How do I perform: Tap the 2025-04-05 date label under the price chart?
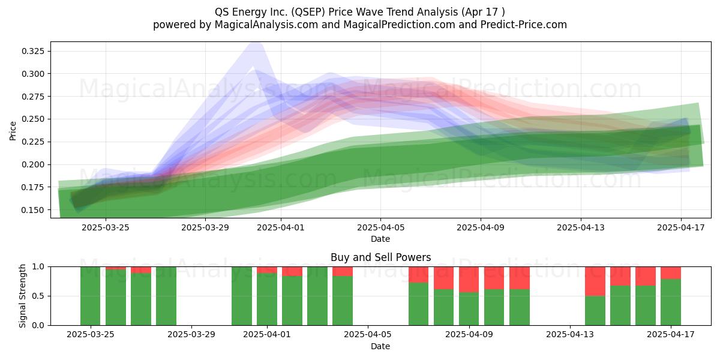380,227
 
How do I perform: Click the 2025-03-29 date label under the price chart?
205,227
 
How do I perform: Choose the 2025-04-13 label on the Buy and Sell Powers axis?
570,334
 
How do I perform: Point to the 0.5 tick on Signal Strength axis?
38,296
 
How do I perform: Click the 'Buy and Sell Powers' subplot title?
380,257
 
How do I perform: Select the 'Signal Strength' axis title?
22,296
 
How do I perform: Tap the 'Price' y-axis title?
13,131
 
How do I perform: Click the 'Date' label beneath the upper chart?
380,239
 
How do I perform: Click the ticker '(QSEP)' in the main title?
308,12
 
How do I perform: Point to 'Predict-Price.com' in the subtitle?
524,25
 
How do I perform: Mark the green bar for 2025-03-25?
91,296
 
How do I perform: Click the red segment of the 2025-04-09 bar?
469,280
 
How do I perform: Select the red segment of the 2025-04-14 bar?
595,281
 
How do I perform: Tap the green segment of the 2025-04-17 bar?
671,302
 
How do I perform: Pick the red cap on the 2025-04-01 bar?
267,269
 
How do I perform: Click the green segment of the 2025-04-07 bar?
419,304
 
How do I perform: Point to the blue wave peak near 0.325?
256,45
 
